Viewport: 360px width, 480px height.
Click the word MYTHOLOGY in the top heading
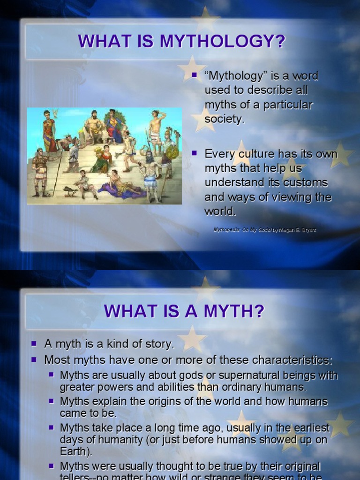222,41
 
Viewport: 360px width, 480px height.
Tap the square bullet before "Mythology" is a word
195,75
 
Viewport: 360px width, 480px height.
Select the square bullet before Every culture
195,153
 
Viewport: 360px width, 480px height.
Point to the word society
225,119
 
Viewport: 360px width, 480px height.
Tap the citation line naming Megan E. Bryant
265,230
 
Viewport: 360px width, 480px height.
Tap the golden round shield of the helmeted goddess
172,153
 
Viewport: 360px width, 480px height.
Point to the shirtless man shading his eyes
156,127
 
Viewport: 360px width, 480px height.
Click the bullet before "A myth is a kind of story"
34,344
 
